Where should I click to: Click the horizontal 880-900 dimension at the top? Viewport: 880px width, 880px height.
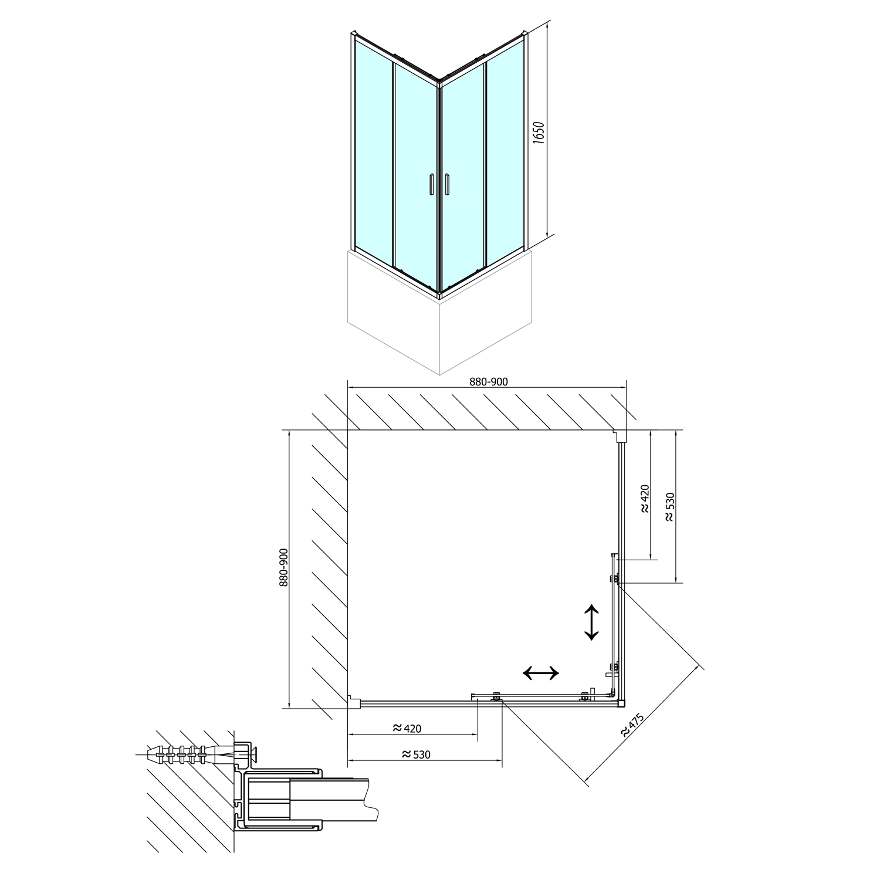488,382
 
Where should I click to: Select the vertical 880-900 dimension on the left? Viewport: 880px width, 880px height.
283,568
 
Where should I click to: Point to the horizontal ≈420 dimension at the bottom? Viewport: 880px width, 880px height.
407,729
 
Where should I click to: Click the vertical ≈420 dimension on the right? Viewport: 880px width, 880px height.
644,499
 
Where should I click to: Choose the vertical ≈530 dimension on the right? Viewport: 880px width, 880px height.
670,507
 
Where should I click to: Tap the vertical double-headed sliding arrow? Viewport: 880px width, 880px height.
591,622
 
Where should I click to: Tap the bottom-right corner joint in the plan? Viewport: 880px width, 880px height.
621,702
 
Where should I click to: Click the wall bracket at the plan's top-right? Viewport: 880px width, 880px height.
620,435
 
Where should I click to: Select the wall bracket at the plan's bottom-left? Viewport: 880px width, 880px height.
354,701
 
